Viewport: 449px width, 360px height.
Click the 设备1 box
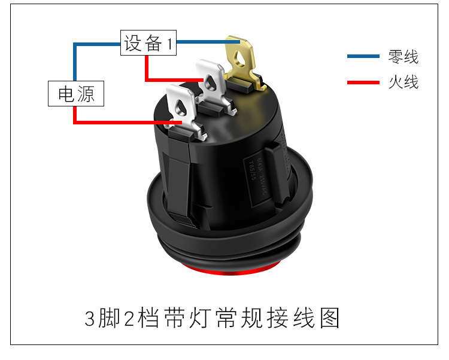tap(148, 42)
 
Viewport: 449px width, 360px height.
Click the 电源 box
tap(76, 94)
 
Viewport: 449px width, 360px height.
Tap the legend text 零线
tap(403, 57)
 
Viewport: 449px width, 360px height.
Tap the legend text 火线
tap(403, 82)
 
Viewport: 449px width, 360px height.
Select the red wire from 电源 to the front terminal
tap(120, 123)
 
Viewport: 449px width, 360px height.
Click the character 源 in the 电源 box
tap(86, 94)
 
